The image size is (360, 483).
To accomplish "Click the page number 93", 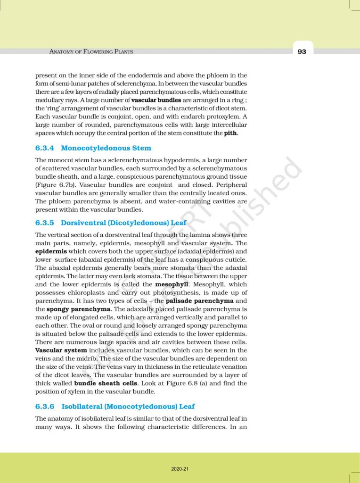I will [x=302, y=51].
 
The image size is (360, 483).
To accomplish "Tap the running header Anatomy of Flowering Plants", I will [x=91, y=51].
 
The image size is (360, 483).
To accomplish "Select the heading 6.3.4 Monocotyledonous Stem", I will [x=93, y=148].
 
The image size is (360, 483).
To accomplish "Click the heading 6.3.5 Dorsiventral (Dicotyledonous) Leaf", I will [x=111, y=223].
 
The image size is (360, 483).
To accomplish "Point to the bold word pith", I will [x=230, y=133].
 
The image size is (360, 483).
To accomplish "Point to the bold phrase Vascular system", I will [x=61, y=350].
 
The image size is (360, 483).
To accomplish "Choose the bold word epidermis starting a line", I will [x=51, y=251].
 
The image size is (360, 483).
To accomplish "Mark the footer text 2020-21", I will [x=180, y=469].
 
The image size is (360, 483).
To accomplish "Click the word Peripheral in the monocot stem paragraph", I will [x=226, y=185].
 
